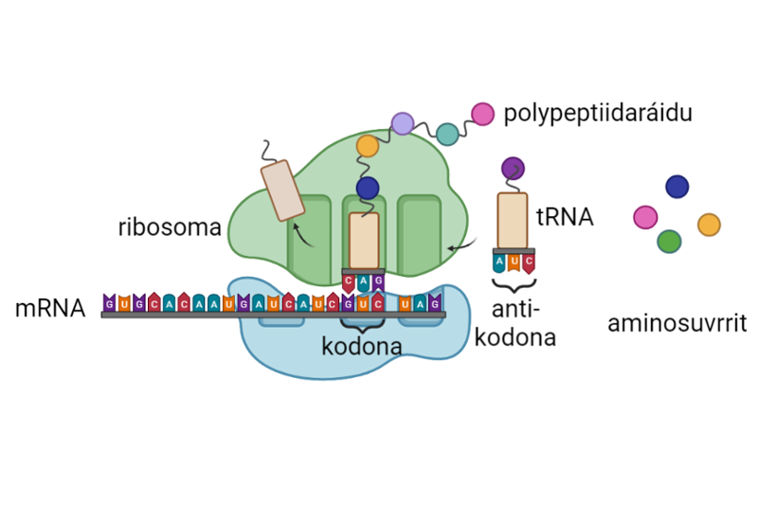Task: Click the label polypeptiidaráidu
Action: coord(598,115)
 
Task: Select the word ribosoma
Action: coord(170,228)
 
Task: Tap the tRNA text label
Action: coord(564,217)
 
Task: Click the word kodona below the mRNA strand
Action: coord(361,346)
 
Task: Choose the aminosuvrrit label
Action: coord(677,325)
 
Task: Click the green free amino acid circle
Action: coord(669,242)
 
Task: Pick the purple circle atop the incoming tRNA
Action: coord(513,168)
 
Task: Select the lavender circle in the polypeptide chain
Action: coord(403,123)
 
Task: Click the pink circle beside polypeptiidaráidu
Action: coord(482,114)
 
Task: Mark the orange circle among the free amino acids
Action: coord(709,225)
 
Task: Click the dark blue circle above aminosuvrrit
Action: coord(677,187)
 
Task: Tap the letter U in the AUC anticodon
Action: coord(514,261)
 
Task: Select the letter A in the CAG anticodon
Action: coord(363,281)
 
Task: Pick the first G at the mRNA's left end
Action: coord(110,303)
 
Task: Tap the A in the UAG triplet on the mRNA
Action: coord(420,303)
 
